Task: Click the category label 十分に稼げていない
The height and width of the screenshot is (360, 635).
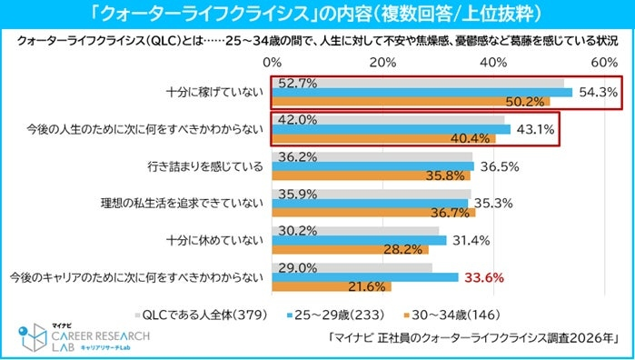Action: [215, 92]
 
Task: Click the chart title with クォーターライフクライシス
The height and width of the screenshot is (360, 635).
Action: [316, 15]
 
